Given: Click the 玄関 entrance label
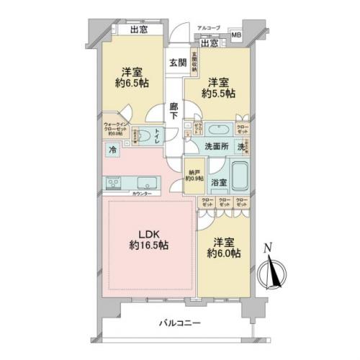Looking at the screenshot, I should tap(177, 63).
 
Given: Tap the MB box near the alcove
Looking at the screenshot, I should tap(236, 35).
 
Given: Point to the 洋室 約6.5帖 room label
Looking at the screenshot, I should tap(130, 77).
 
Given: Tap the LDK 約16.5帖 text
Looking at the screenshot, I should tap(149, 240).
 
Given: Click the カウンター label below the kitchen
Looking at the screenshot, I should tap(142, 194).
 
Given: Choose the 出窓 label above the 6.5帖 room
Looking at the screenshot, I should tap(140, 30).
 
